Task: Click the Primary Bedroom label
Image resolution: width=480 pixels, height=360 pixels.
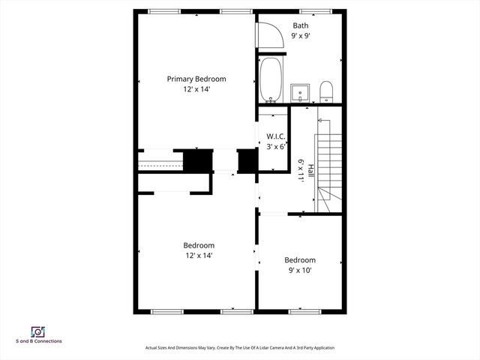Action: tap(196, 79)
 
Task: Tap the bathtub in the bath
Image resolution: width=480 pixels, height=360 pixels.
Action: tap(271, 80)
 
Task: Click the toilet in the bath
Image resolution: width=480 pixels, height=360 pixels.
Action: tap(326, 92)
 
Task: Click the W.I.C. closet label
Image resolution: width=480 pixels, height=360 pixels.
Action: tap(275, 136)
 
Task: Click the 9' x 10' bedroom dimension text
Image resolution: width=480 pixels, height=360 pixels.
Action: tap(299, 271)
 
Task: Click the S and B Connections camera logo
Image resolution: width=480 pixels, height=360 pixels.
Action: tap(37, 331)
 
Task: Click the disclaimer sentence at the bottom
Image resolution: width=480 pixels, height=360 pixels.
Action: tap(239, 348)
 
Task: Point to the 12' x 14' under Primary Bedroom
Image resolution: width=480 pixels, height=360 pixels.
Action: tap(196, 89)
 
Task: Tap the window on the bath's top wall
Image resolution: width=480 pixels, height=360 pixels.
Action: tap(310, 10)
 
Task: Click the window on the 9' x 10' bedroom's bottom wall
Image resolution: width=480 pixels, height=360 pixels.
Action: tap(306, 310)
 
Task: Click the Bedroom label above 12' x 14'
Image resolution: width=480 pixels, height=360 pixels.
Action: tap(199, 245)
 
